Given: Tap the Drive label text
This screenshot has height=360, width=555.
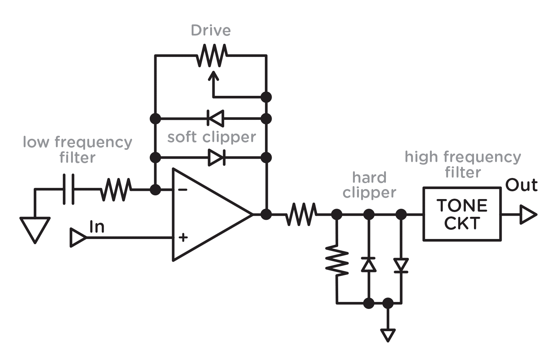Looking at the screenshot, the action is click(211, 30).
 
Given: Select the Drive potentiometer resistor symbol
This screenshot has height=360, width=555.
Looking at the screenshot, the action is click(212, 55).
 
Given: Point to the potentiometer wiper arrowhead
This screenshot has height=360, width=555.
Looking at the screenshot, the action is click(213, 75).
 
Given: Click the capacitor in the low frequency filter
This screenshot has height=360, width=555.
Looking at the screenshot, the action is click(68, 189).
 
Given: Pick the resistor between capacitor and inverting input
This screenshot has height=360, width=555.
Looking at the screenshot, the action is click(116, 189).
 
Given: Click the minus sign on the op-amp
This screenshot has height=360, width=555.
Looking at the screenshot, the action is click(183, 190).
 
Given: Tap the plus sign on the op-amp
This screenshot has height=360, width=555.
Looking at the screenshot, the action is click(183, 238).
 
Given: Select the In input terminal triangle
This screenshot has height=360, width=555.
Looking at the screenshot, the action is click(78, 238).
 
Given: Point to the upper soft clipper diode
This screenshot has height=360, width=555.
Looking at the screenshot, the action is click(216, 119).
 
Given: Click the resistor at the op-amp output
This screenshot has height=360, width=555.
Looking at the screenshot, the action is click(301, 214).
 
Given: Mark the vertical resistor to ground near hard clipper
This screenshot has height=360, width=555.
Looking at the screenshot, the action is click(337, 260).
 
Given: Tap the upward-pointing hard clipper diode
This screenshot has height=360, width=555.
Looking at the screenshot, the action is click(369, 265).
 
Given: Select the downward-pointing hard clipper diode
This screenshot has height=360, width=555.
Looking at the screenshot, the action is click(401, 265).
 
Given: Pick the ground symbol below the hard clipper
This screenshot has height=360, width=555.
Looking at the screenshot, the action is click(388, 335).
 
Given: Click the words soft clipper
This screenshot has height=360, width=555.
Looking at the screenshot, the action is click(212, 138).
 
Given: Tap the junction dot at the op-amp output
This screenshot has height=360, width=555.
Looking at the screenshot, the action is click(266, 214).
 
